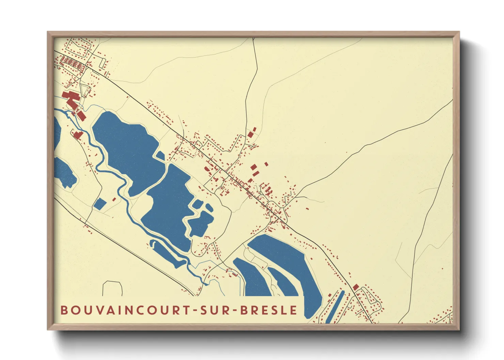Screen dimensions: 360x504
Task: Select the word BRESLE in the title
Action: [269, 310]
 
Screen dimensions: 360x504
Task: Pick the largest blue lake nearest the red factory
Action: [124, 143]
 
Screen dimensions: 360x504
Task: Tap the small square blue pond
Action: [100, 204]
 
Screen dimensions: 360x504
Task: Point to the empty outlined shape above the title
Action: [112, 288]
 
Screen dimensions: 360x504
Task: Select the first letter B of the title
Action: [64, 310]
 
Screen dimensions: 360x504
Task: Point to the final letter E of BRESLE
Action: [294, 310]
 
